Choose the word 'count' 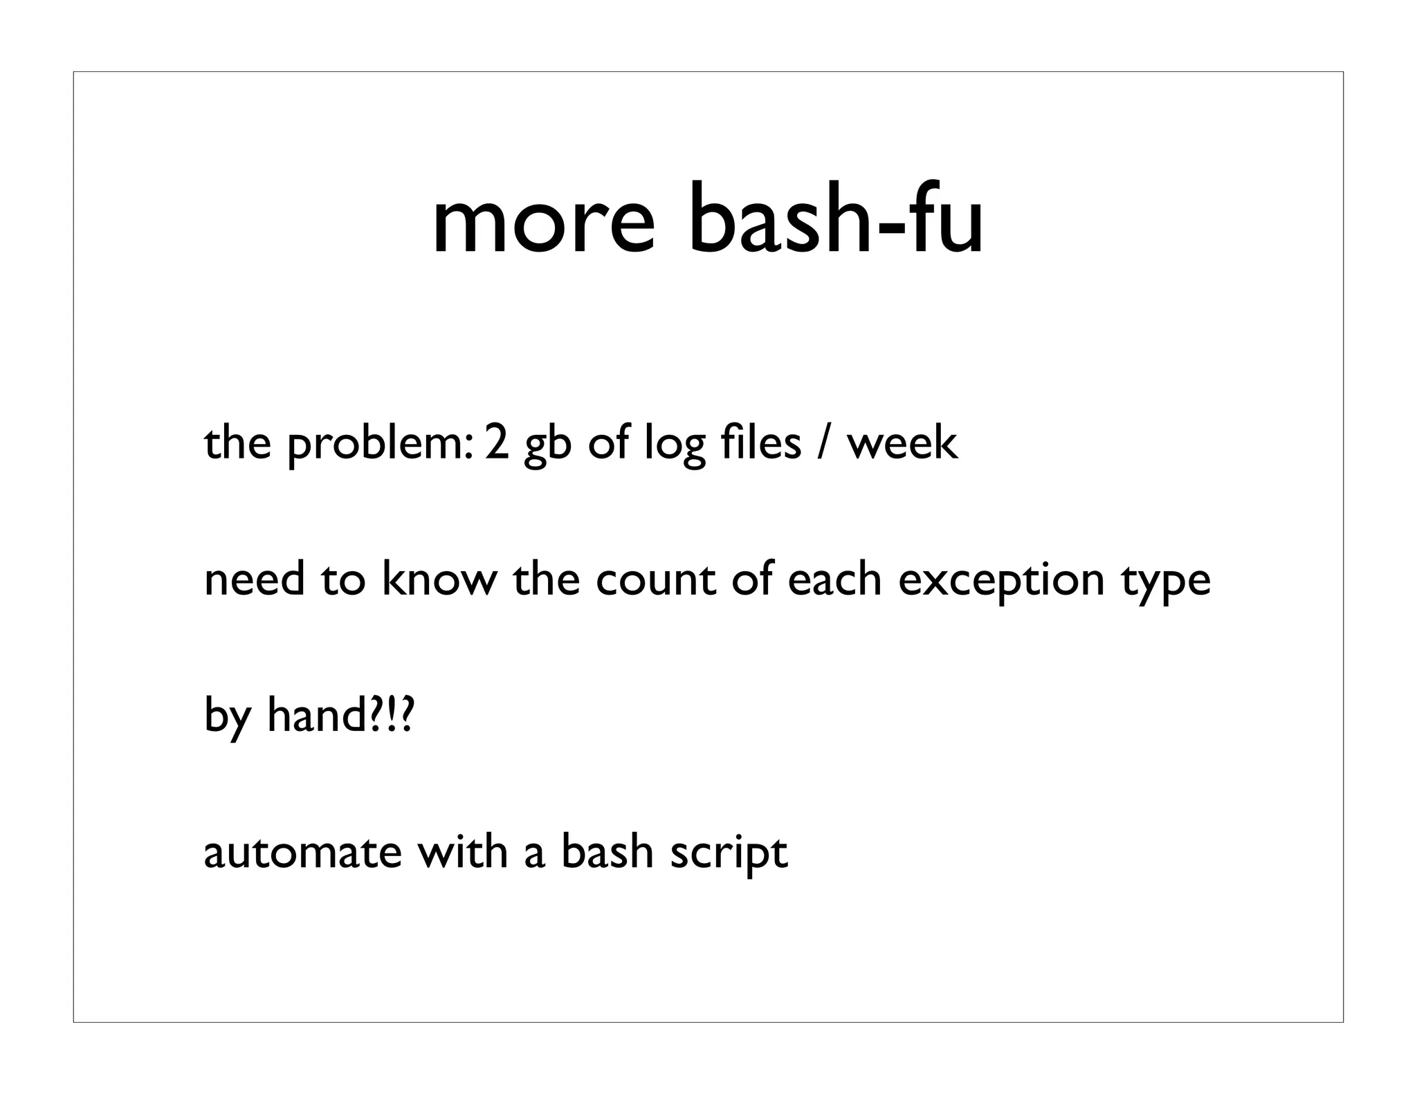(x=655, y=580)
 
